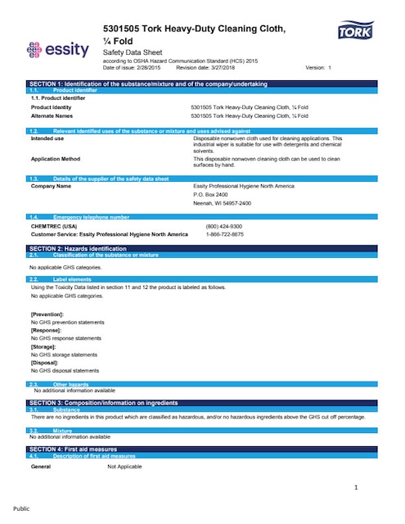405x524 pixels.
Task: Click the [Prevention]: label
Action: click(x=47, y=314)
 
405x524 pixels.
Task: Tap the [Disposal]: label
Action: click(x=45, y=362)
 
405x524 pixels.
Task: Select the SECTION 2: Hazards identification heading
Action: click(x=78, y=248)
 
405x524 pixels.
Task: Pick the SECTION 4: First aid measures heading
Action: click(x=74, y=449)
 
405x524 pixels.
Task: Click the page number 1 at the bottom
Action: click(x=357, y=489)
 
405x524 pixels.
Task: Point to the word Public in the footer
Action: click(x=22, y=508)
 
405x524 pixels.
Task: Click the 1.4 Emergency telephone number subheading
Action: click(x=90, y=217)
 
